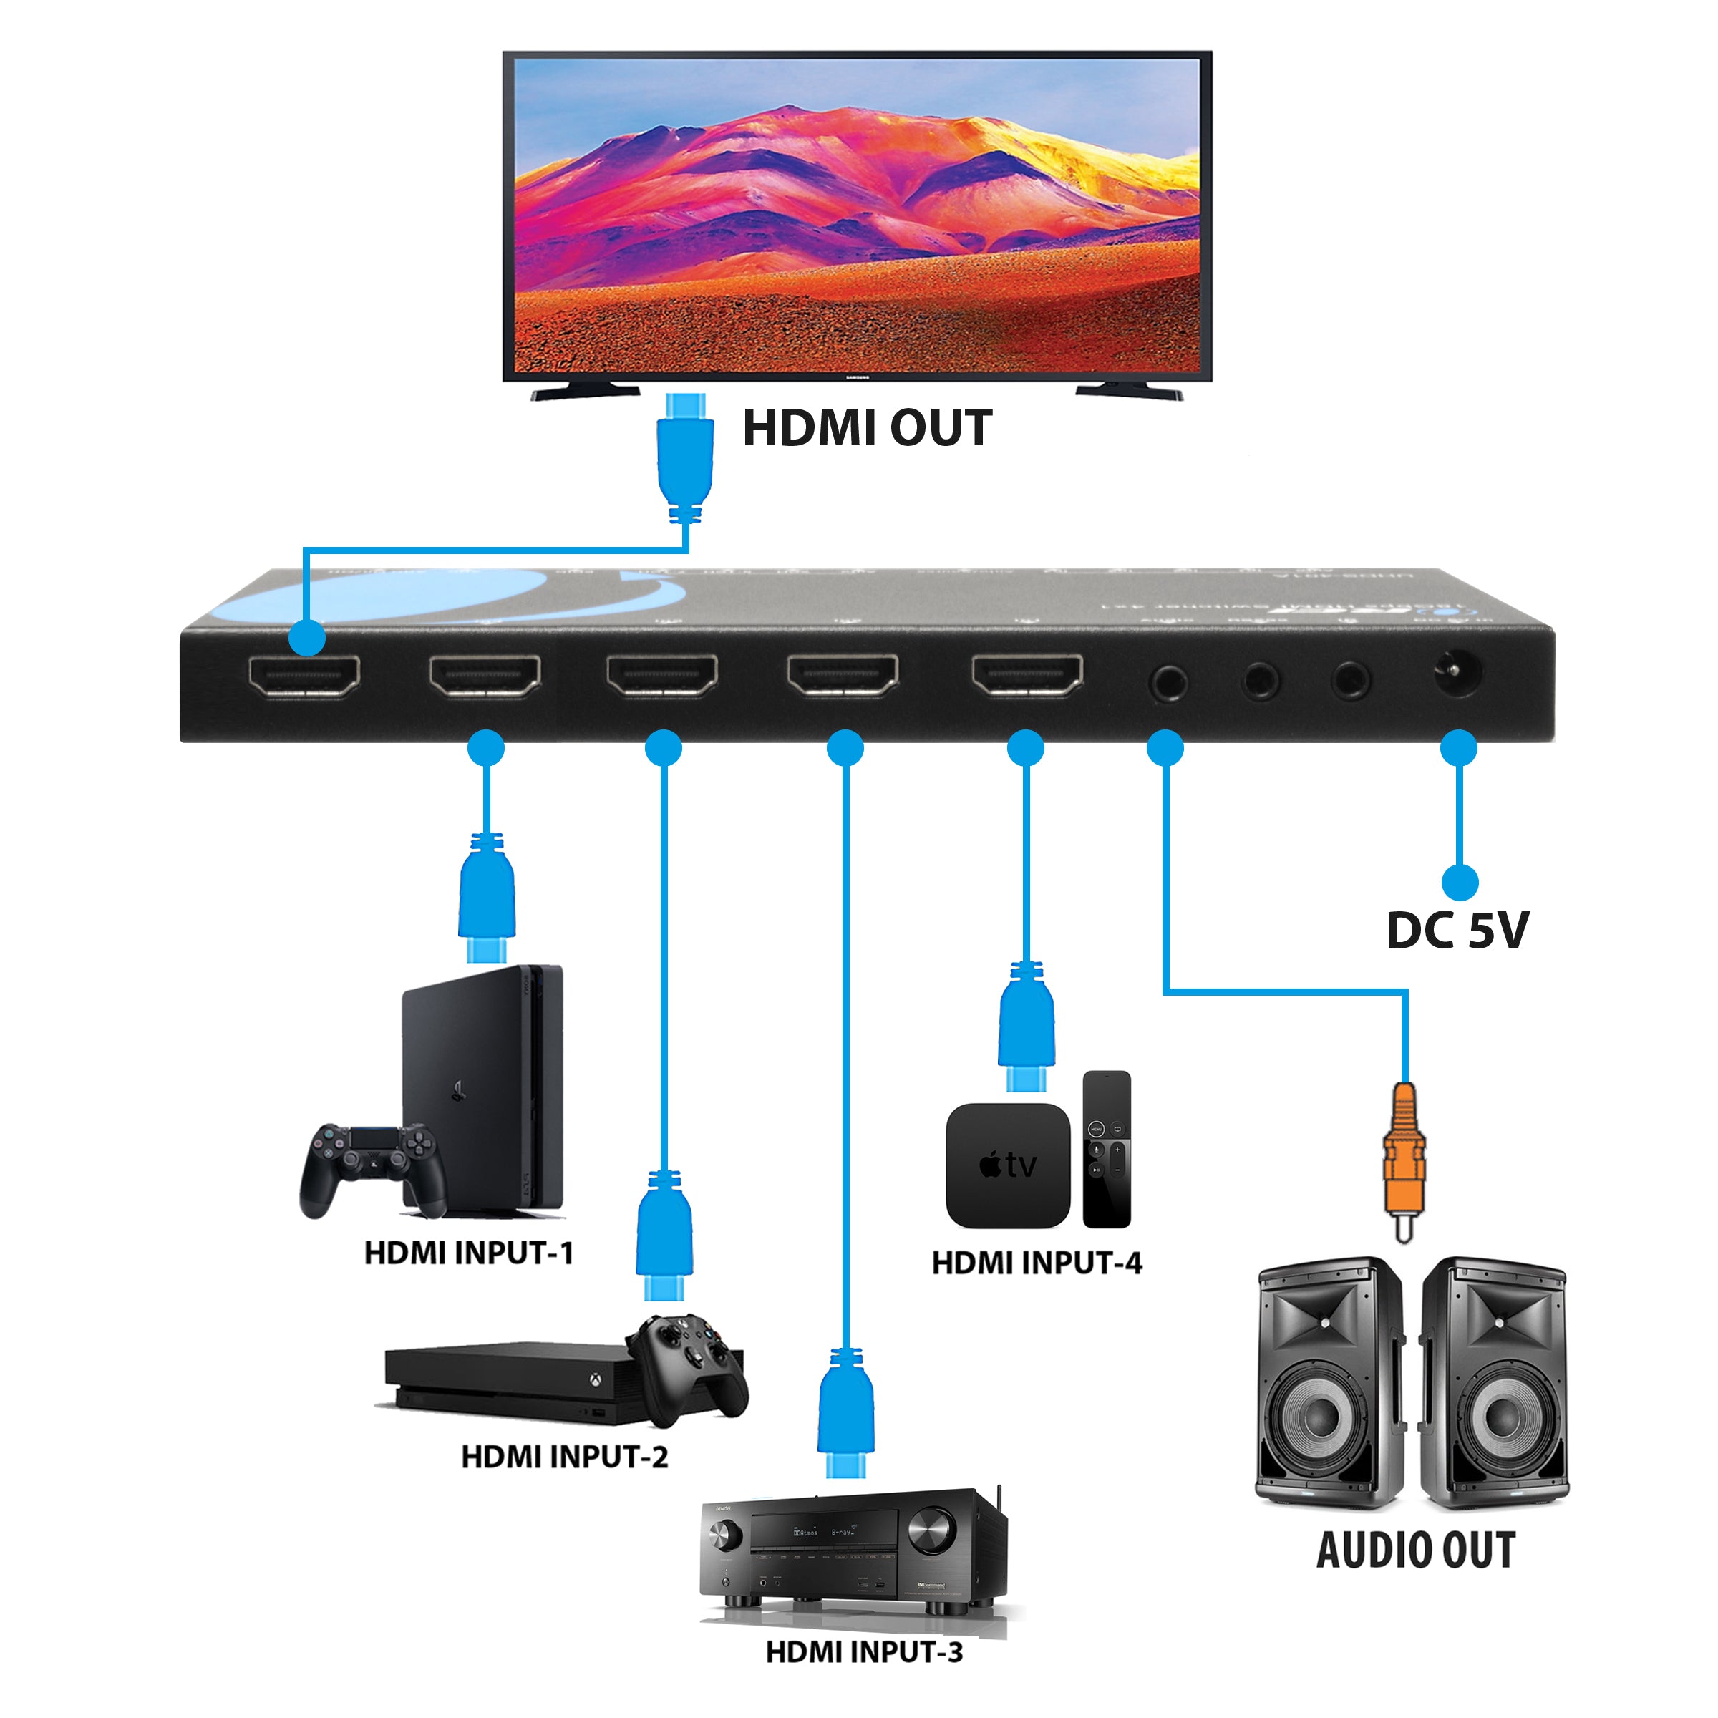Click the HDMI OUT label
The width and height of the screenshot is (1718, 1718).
pos(867,428)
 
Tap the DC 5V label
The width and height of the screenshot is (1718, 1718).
pos(1457,930)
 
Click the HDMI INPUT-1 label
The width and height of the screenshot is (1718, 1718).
pos(469,1253)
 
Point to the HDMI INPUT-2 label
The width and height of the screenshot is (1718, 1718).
pos(564,1457)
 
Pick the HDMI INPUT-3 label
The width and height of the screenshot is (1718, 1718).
pos(863,1652)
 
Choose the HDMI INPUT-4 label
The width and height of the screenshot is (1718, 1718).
pos(1036,1263)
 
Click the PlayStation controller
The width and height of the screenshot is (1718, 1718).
pos(372,1167)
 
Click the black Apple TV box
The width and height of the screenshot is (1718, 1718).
pos(1007,1165)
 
